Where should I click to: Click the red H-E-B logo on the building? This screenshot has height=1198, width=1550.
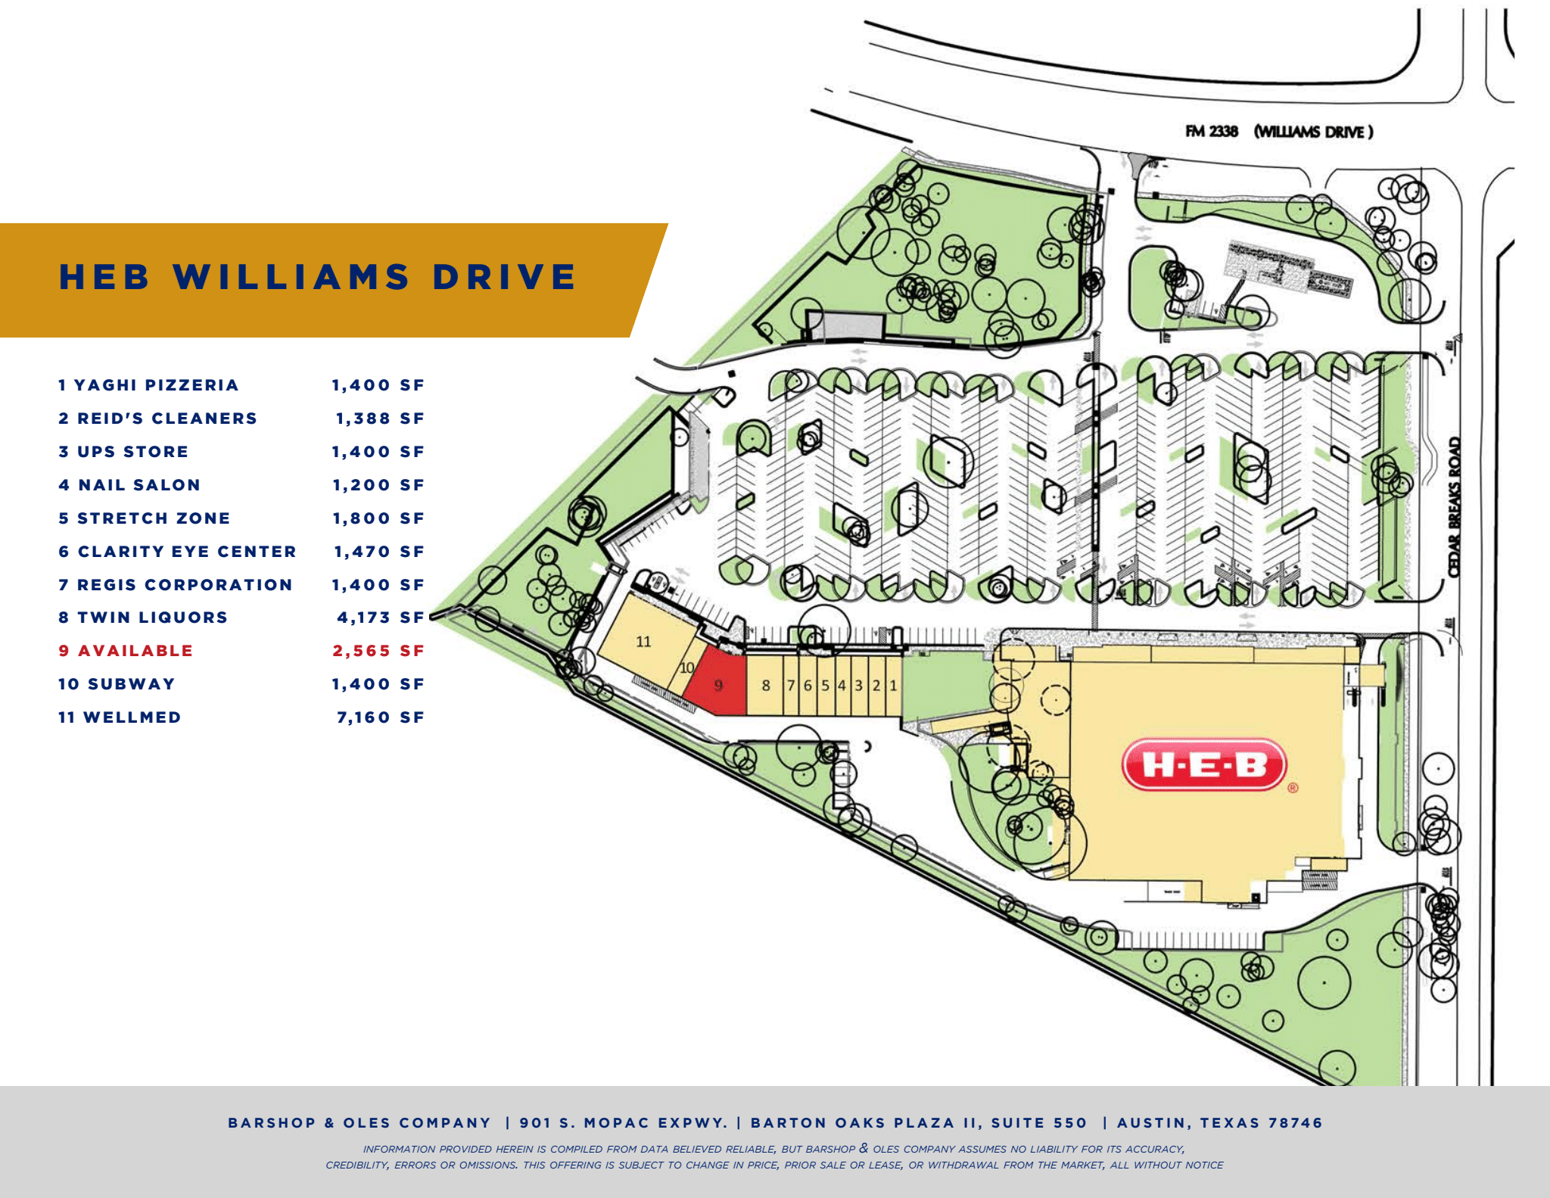tap(1203, 764)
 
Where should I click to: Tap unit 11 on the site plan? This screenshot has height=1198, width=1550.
tap(643, 642)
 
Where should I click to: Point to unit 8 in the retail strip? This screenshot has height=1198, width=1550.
tap(766, 686)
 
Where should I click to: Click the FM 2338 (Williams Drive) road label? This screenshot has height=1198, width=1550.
tap(1279, 132)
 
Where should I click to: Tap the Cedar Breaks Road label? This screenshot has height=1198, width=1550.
tap(1454, 507)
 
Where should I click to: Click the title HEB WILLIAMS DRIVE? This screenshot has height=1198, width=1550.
tap(318, 277)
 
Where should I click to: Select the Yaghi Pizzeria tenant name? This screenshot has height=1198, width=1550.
tap(156, 385)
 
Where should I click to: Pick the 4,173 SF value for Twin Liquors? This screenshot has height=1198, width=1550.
tap(380, 618)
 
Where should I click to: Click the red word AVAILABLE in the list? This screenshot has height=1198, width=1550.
tap(135, 651)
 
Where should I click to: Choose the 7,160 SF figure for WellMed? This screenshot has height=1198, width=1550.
tap(380, 717)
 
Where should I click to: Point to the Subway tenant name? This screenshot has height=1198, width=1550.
tap(131, 684)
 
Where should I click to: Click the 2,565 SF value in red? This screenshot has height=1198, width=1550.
tap(378, 651)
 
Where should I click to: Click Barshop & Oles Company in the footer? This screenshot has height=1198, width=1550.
tap(359, 1123)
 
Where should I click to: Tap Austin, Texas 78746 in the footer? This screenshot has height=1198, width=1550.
tap(1219, 1123)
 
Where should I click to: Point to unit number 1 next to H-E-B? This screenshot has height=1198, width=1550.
tap(893, 686)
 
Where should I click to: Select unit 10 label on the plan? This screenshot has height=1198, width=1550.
tap(686, 668)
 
